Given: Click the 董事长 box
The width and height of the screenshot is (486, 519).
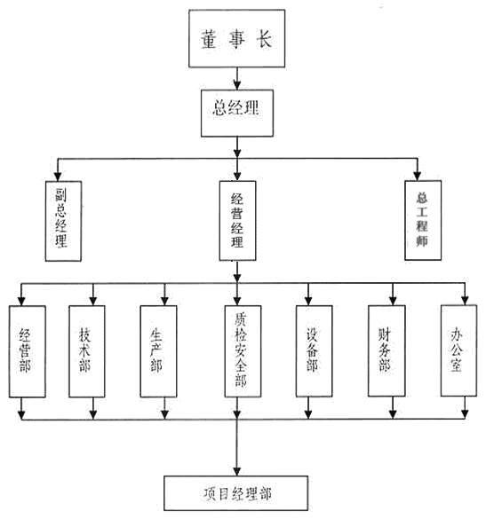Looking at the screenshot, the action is [236, 38].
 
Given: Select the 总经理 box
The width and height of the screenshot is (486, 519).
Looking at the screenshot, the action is [237, 113].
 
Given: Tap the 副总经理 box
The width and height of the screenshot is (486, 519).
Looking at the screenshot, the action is [63, 221].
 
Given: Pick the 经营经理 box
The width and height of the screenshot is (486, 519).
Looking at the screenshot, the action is [237, 220].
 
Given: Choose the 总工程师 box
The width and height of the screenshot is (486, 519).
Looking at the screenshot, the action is [423, 220].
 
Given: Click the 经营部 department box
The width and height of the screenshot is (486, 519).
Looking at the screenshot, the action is [28, 351].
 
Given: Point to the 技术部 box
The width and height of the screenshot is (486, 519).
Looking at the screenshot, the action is [87, 351].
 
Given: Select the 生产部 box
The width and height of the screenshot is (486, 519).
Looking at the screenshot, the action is [158, 351].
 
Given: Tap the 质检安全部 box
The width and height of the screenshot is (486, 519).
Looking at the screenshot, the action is [243, 350].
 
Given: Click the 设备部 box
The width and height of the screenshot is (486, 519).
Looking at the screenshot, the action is [314, 350].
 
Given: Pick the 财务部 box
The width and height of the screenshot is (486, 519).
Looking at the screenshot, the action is [386, 350].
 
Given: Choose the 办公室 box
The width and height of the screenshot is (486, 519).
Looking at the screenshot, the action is [458, 350].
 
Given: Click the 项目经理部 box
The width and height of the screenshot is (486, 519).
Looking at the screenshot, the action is [236, 493].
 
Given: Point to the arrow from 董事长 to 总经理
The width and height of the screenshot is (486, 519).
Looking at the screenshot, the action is [236, 78].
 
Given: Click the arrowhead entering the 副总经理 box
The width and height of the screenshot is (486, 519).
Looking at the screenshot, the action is [58, 176].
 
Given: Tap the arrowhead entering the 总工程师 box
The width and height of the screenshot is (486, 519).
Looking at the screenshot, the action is [417, 176].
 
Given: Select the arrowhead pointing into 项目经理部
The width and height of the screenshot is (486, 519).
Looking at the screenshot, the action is [236, 471].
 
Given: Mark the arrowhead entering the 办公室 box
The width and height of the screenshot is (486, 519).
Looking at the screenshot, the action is [465, 300].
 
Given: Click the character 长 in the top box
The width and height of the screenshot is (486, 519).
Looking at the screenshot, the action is [264, 39].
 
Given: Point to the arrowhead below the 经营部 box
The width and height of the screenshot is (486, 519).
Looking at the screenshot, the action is [21, 414].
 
